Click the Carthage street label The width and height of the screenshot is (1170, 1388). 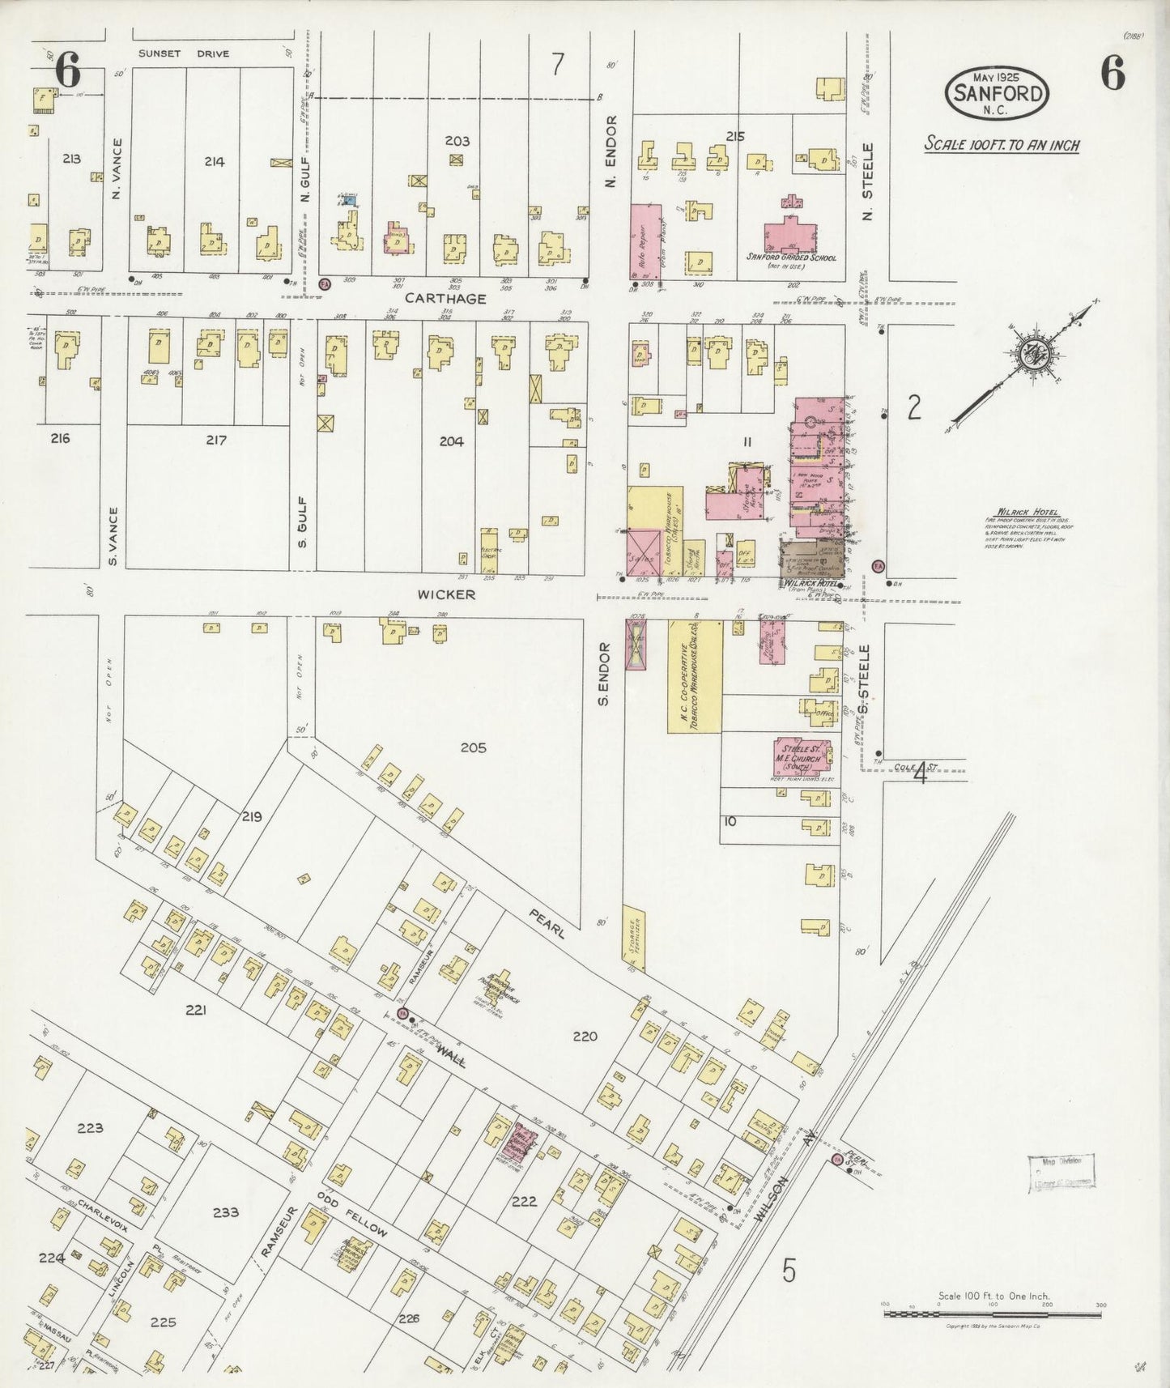pyautogui.click(x=445, y=298)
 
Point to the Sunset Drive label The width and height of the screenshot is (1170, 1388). pyautogui.click(x=183, y=53)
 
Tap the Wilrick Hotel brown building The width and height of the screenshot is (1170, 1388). pyautogui.click(x=812, y=560)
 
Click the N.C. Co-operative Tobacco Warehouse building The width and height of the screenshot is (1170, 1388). pyautogui.click(x=694, y=676)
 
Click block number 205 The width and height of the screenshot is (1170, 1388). pyautogui.click(x=473, y=747)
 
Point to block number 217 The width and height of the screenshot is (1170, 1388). pyautogui.click(x=215, y=440)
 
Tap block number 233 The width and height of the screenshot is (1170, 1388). pyautogui.click(x=225, y=1212)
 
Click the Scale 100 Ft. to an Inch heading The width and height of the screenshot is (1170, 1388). pyautogui.click(x=1002, y=146)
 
